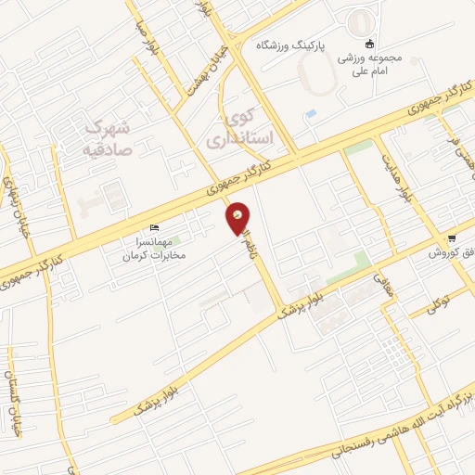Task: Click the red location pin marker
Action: pyautogui.click(x=238, y=217)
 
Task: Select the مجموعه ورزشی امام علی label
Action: pyautogui.click(x=369, y=64)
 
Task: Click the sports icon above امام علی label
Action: pyautogui.click(x=369, y=44)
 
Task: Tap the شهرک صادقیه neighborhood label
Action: pyautogui.click(x=109, y=135)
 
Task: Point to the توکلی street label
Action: pyautogui.click(x=437, y=302)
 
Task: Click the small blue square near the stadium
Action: pyautogui.click(x=310, y=114)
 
